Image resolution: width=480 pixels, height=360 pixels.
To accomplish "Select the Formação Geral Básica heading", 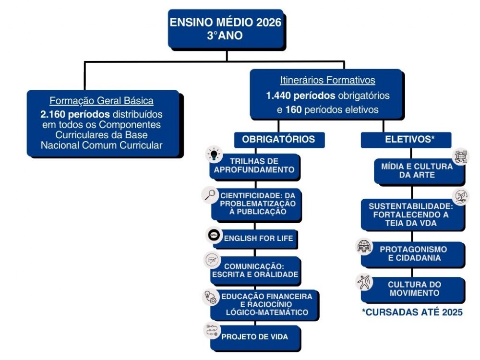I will [x=102, y=101].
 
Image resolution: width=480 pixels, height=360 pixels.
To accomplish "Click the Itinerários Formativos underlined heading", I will [x=327, y=80].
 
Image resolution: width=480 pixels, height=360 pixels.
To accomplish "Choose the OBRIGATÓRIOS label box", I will [x=278, y=139].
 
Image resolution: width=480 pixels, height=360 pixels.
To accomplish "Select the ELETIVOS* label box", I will [x=406, y=139].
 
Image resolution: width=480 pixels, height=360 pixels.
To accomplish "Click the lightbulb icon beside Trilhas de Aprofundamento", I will [x=213, y=155].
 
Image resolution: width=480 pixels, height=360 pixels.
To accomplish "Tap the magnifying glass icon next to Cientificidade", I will [x=210, y=195].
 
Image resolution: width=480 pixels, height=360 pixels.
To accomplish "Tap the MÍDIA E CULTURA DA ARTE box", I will [x=417, y=171].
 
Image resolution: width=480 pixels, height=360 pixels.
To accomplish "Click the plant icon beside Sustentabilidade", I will [x=460, y=196].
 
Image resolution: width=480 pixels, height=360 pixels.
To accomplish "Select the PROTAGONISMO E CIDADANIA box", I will [x=413, y=254].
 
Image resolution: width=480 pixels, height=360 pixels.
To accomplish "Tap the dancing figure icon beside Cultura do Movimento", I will [x=364, y=282].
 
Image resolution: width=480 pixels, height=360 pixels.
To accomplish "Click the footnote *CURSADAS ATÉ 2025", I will [x=412, y=312].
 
